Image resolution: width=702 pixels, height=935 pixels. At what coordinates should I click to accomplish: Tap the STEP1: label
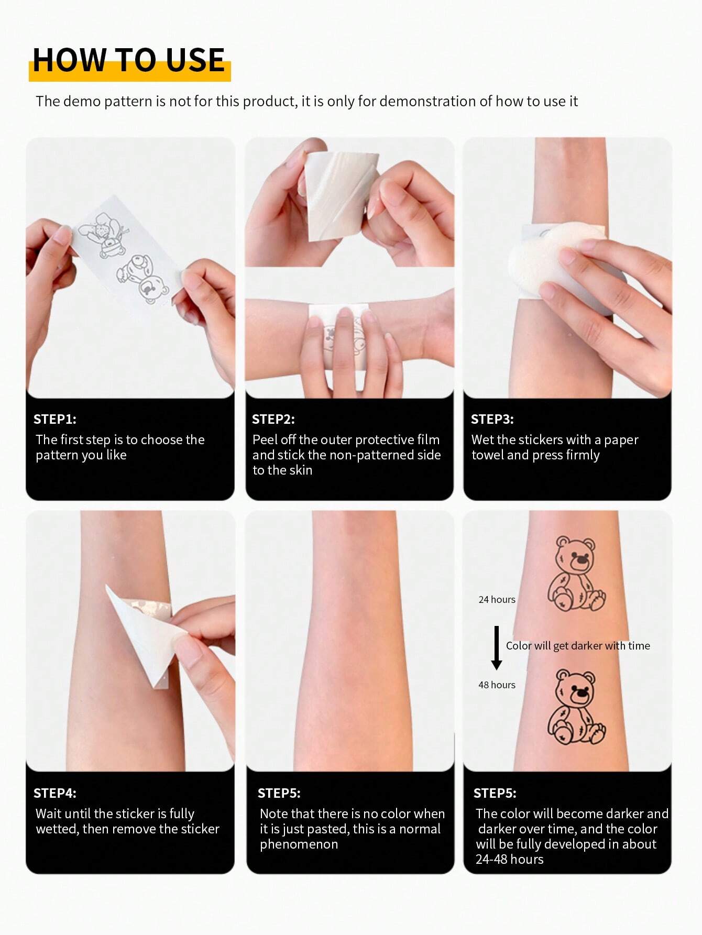(x=54, y=419)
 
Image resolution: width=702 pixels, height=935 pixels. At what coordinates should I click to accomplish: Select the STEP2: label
(x=273, y=419)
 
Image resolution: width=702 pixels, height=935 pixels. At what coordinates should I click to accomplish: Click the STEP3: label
(x=492, y=419)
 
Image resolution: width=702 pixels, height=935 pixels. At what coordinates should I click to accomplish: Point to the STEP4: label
(x=54, y=793)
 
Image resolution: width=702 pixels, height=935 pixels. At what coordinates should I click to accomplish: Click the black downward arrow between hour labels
(x=496, y=647)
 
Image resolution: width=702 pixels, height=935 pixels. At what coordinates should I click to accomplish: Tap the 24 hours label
(x=497, y=599)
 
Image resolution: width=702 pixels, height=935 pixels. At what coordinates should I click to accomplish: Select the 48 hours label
(x=497, y=685)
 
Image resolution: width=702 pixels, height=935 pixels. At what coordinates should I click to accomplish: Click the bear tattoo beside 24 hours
(x=575, y=574)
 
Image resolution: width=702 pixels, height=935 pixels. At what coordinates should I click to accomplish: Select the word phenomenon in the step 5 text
(x=299, y=844)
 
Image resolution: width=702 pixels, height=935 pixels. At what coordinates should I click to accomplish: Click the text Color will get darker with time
(x=577, y=646)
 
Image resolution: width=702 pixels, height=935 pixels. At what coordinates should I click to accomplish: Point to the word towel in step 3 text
(x=487, y=455)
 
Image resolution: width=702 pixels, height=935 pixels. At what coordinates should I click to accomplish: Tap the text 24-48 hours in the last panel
(x=509, y=860)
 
